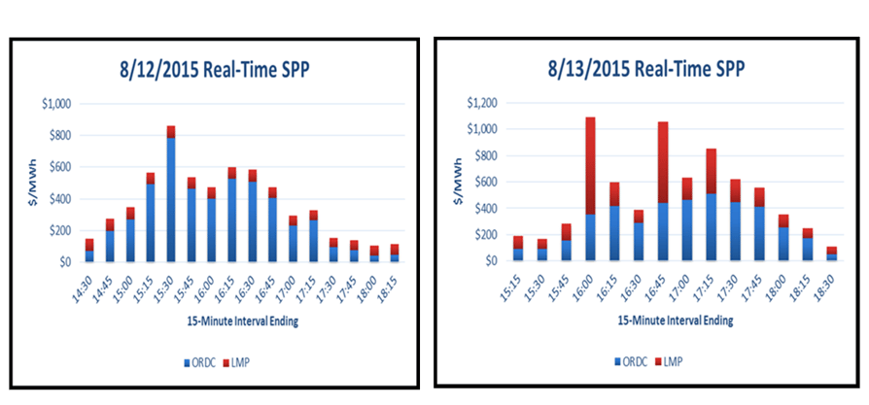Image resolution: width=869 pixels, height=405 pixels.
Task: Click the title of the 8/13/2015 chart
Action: point(649,69)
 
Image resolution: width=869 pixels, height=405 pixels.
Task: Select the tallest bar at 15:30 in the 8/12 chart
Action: point(171,194)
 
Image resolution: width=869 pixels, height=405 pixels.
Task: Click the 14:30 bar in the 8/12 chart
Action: point(89,251)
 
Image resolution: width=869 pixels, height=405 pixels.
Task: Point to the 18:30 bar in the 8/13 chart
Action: point(831,253)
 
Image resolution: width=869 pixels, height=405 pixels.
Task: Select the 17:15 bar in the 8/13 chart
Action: point(712,205)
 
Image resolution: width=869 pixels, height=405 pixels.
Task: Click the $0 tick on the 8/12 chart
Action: point(62,262)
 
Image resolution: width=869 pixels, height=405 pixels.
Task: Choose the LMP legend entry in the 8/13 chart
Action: point(670,360)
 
